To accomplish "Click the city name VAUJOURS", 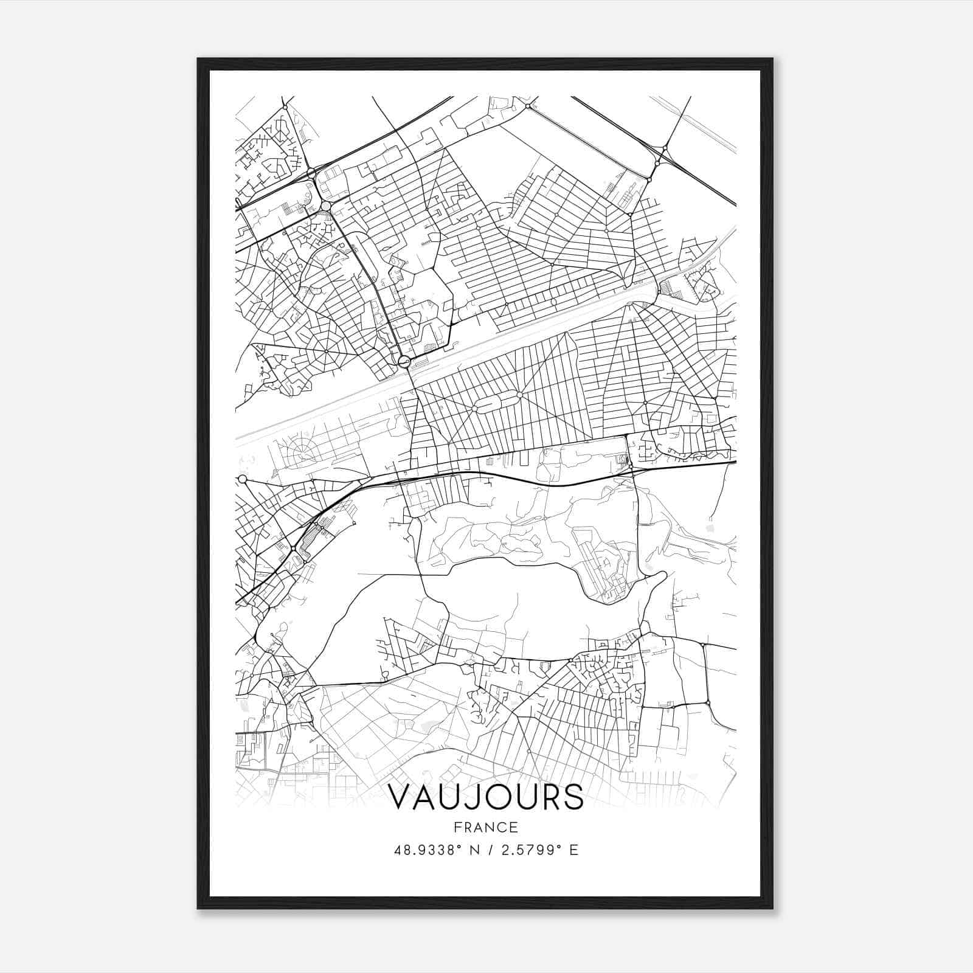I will (x=485, y=797).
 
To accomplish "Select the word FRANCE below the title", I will (x=485, y=827).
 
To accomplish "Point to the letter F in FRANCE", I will (x=457, y=827).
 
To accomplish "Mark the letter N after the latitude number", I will (x=475, y=850).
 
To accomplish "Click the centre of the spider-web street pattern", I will (x=327, y=351).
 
